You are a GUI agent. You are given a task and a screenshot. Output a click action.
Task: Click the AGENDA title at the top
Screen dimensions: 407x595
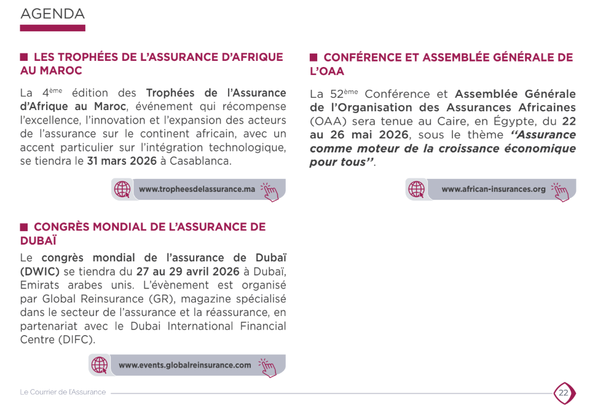coord(52,14)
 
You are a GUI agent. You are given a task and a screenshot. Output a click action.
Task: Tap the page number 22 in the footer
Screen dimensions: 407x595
coord(563,392)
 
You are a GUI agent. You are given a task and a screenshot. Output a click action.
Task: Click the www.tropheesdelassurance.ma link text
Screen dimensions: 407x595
coord(197,189)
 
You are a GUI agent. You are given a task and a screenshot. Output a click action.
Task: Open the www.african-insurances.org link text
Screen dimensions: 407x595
coord(494,189)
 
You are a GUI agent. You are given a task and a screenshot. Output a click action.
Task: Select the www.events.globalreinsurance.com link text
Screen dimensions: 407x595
coord(185,365)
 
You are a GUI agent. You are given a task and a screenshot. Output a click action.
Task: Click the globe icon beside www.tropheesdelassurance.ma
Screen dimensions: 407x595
coord(123,189)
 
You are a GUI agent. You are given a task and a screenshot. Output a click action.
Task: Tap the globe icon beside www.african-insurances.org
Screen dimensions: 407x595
coord(417,189)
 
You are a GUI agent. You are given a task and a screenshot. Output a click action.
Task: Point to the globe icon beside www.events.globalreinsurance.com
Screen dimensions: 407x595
coord(100,365)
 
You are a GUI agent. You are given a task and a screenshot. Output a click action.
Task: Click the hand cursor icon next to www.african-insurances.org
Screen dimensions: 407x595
coord(561,191)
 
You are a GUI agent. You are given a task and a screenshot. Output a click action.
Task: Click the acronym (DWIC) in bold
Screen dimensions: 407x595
coord(40,272)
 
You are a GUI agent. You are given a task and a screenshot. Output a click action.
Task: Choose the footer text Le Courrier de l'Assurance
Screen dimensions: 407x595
coord(63,392)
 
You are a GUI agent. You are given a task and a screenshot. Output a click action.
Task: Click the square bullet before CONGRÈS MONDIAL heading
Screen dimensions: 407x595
coord(24,226)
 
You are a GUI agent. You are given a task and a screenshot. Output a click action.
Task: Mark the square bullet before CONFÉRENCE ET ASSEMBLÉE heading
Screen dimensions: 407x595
coord(313,57)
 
